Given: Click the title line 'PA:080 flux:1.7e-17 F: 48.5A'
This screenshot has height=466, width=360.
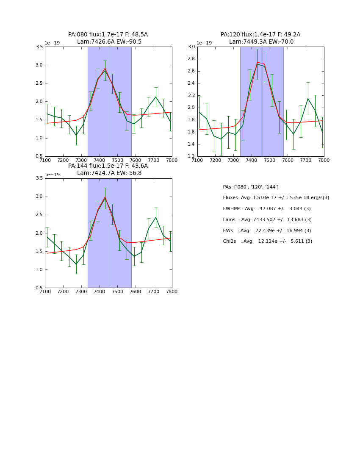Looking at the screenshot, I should click(x=108, y=35).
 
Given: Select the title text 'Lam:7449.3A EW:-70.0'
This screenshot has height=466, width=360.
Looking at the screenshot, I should click(x=261, y=42).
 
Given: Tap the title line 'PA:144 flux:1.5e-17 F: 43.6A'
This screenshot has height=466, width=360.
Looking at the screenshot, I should click(x=108, y=166).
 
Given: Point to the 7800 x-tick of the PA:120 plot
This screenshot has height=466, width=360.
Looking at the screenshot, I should click(x=324, y=160).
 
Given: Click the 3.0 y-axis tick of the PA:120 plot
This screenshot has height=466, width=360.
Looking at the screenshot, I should click(x=192, y=47).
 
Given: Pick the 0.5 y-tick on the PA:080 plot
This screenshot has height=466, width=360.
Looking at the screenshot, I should click(x=39, y=156).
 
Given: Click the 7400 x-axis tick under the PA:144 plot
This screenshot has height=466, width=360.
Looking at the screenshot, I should click(x=99, y=291).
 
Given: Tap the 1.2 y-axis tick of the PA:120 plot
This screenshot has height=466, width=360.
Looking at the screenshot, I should click(x=192, y=156).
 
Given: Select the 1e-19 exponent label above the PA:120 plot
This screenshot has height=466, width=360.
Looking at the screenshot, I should click(x=204, y=43).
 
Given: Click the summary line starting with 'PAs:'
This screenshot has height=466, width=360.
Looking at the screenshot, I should click(x=251, y=187).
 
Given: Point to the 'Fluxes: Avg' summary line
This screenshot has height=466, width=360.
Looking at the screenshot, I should click(x=276, y=198).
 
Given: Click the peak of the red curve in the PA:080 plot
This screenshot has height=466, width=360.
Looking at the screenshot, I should click(x=105, y=68).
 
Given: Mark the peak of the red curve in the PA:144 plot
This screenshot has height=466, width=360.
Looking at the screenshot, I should click(x=105, y=197).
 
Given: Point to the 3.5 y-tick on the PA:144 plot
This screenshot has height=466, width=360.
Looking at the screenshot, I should click(x=39, y=178).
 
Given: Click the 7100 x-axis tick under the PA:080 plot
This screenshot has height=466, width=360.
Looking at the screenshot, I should click(x=45, y=160).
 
